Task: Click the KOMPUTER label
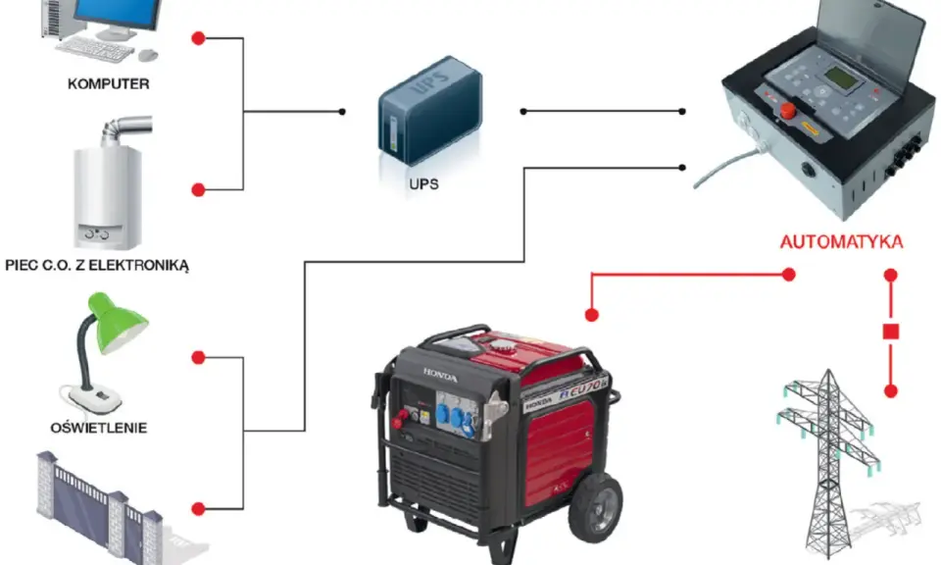coord(108,83)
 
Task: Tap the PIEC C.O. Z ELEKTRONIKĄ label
coord(97,265)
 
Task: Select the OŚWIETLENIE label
coord(98,428)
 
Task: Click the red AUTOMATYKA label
coord(841,242)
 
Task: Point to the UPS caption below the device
coord(423,184)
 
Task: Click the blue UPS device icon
coord(429,111)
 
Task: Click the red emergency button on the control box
coord(787,109)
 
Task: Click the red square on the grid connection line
coord(891,332)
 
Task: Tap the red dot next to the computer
coord(198,38)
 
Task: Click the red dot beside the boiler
coord(198,189)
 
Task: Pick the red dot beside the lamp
coord(198,358)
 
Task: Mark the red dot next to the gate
coord(198,509)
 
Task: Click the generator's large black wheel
coord(595,507)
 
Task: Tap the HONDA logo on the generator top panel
coord(440,376)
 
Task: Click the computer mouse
coord(148,55)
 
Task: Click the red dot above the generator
coord(592,315)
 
